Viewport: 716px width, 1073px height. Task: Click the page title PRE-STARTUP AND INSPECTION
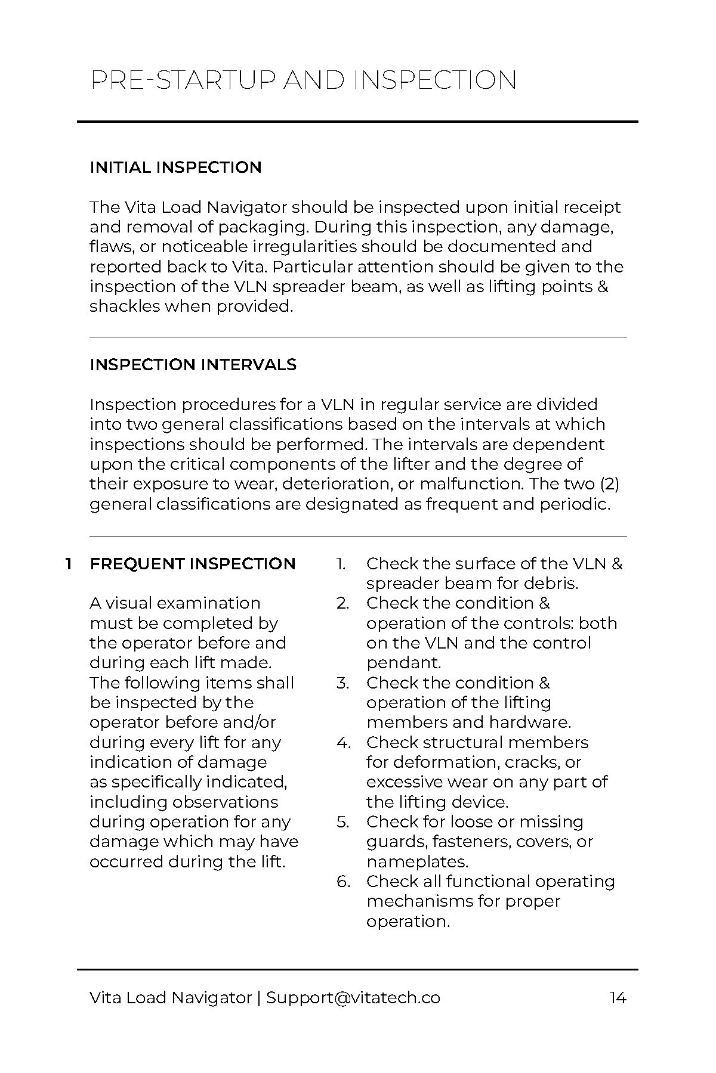tap(303, 80)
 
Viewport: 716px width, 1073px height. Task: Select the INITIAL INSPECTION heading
tap(175, 168)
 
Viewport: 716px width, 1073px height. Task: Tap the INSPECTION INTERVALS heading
tap(193, 365)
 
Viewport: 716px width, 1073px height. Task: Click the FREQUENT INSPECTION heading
tap(193, 564)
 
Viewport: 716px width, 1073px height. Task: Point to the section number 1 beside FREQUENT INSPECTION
tap(69, 564)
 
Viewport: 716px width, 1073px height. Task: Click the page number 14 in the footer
tap(618, 998)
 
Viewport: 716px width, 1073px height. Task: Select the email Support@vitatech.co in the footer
tap(353, 998)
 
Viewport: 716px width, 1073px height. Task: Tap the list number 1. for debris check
tap(341, 564)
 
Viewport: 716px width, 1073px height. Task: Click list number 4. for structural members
tap(342, 743)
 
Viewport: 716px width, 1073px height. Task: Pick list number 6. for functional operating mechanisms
tap(343, 882)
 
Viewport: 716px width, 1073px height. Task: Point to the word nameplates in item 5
tap(416, 862)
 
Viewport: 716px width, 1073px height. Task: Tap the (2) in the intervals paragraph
tap(615, 484)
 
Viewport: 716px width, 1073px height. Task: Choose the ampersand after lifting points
tap(602, 287)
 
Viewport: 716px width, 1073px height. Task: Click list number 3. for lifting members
tap(342, 683)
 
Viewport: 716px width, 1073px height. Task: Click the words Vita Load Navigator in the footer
tap(171, 998)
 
